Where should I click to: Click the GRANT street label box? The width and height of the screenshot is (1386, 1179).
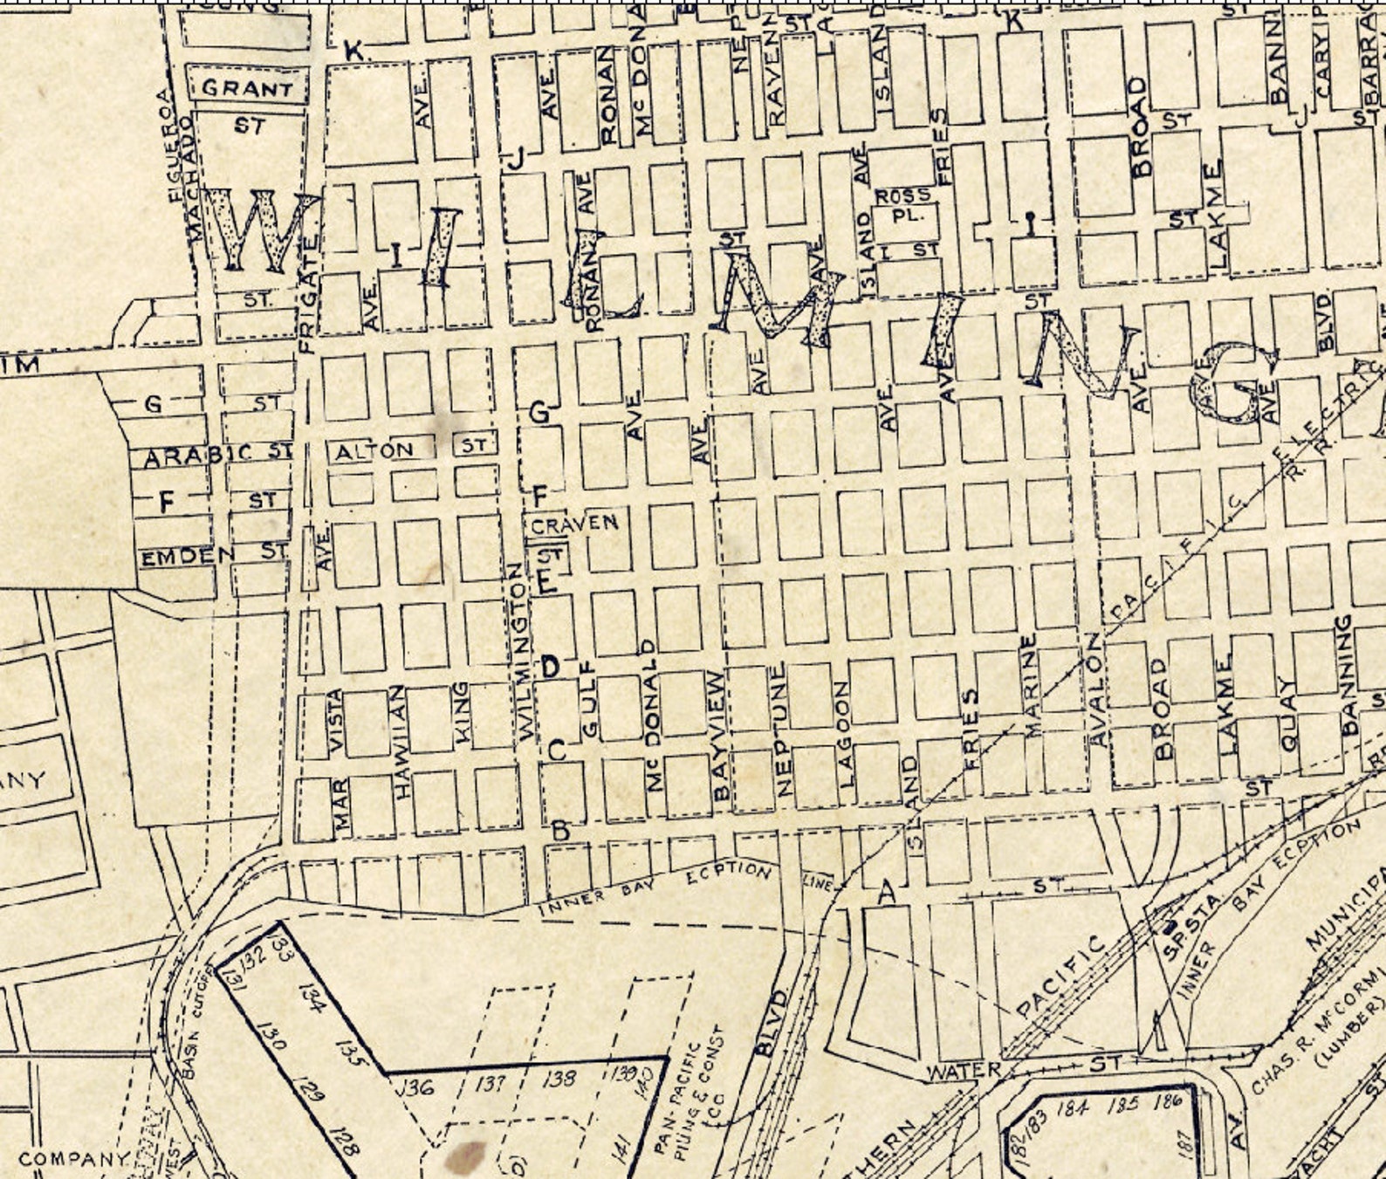248,88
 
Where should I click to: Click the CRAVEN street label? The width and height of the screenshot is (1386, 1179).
574,524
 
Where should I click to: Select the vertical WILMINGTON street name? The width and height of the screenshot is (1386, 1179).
524,652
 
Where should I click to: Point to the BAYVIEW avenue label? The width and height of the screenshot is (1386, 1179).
719,736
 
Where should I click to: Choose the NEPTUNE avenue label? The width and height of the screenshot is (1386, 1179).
782,730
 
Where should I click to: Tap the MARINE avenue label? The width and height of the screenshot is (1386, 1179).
1030,685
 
